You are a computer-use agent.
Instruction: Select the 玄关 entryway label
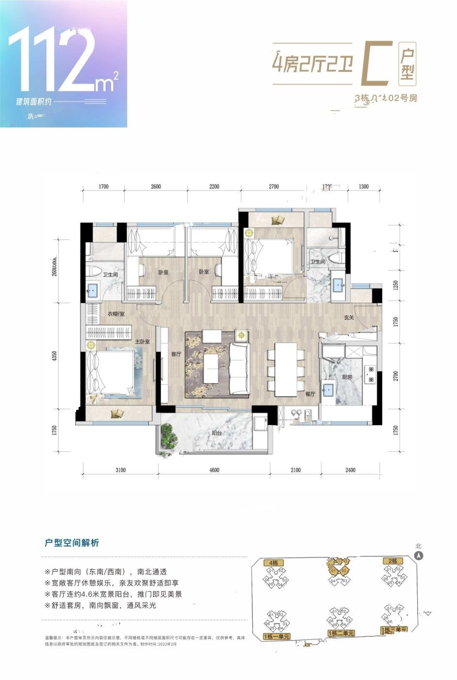tap(349, 318)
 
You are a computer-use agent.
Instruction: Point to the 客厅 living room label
tap(176, 355)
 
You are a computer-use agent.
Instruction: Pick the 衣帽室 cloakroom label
tap(116, 314)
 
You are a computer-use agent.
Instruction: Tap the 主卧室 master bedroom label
tap(142, 342)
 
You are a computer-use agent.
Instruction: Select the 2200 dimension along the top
tap(214, 187)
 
